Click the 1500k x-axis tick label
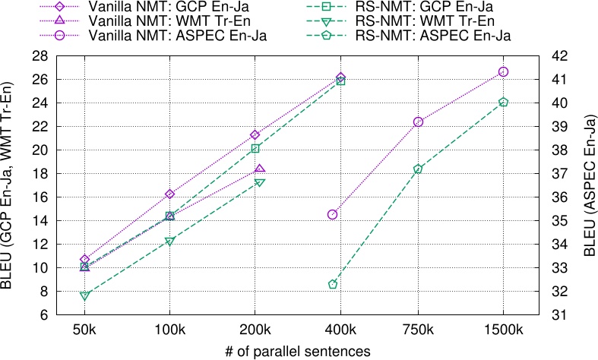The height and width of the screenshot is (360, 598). coord(503,330)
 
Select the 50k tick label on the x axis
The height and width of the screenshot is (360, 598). coord(85,330)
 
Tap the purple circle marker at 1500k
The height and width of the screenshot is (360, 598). coord(503,71)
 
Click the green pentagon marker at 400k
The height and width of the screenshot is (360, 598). coord(332,284)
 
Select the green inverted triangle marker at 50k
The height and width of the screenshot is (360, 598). coord(85,295)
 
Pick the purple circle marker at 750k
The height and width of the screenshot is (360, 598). coord(418,122)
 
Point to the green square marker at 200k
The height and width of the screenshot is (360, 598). coord(255,148)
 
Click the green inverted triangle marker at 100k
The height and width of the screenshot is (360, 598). coord(170,242)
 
